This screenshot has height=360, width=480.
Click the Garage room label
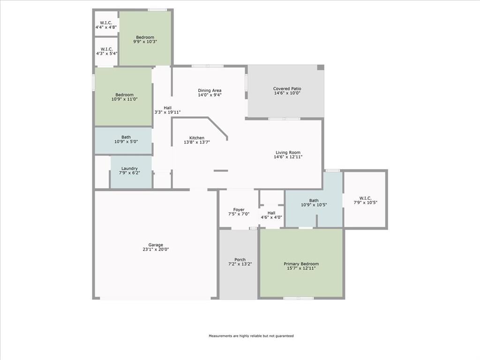tap(156, 245)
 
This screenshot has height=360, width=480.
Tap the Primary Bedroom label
tap(301, 264)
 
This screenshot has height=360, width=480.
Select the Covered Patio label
tap(287, 89)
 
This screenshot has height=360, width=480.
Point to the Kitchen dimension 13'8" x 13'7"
tap(197, 142)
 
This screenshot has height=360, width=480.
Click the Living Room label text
tap(288, 152)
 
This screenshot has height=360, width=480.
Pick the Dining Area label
tap(210, 90)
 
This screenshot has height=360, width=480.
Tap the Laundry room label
tap(129, 169)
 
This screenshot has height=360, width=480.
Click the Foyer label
tap(239, 210)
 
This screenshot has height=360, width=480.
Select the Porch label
tap(240, 260)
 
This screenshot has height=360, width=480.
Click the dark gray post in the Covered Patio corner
tap(321, 67)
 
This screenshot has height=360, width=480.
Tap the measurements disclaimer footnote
tap(251, 336)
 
